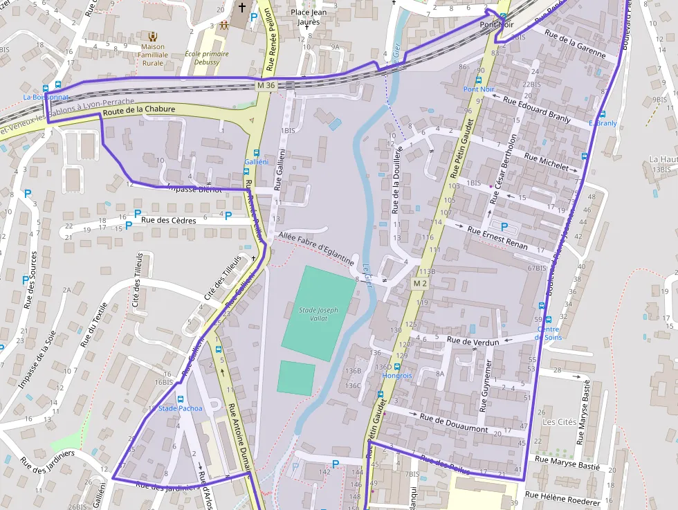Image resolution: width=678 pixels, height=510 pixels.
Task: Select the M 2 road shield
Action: point(420,283)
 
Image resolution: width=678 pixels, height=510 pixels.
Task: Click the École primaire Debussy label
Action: point(202,57)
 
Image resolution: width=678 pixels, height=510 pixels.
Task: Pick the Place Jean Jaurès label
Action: point(309,17)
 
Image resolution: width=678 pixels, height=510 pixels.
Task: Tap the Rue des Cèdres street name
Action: point(169,220)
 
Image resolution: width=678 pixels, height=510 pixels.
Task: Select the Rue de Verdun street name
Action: point(473,340)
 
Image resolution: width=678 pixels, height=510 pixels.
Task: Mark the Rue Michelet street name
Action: point(546,162)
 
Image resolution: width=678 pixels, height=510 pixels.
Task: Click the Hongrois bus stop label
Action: point(397,376)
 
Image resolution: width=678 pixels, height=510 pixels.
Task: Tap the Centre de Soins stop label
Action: point(549,333)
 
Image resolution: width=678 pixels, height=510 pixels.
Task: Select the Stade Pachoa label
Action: point(181,408)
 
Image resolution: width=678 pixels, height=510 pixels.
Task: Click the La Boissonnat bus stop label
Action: point(46,98)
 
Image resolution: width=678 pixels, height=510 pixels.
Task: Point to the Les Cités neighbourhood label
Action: point(559,421)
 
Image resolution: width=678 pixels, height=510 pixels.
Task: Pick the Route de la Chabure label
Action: point(138,110)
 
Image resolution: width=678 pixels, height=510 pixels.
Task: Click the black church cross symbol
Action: point(241,8)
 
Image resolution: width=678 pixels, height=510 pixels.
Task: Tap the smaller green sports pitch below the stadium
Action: point(296,378)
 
